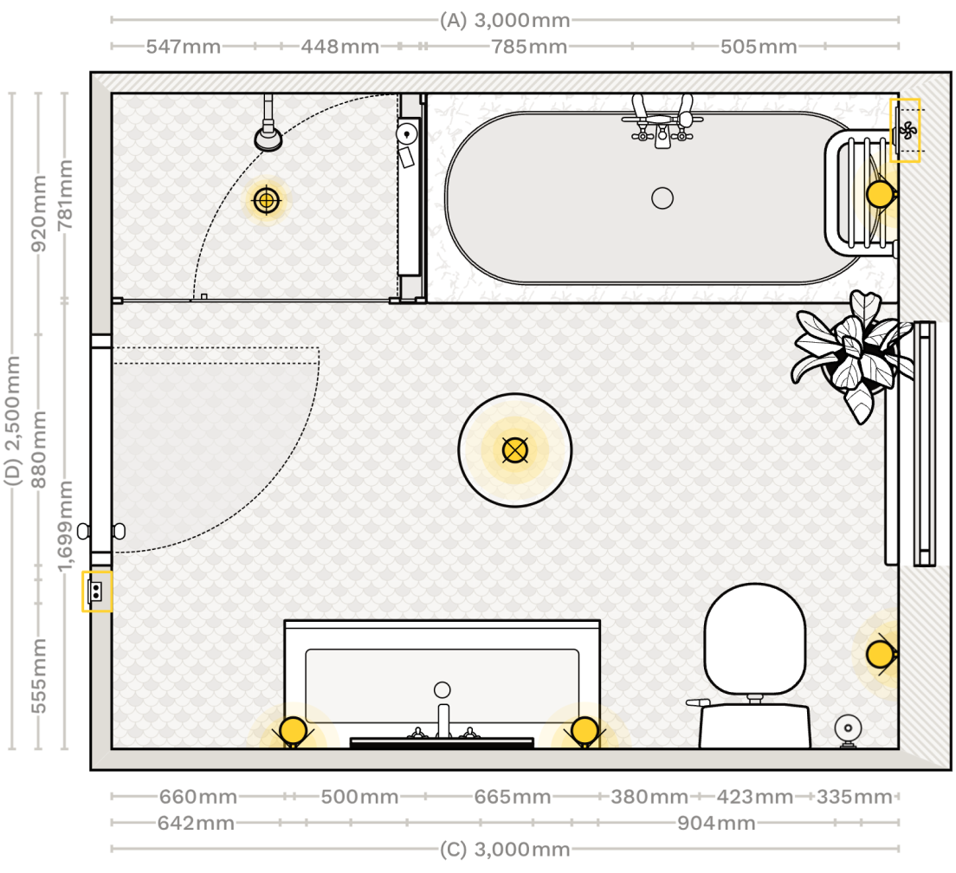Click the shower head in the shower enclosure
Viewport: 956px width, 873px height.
(x=268, y=137)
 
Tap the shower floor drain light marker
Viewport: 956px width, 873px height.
(x=267, y=201)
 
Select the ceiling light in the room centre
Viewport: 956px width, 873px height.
(x=514, y=449)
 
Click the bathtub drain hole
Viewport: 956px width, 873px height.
(x=662, y=198)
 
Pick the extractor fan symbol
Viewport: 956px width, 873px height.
(x=907, y=131)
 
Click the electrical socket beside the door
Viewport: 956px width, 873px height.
(x=97, y=592)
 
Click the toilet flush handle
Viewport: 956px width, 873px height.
(x=697, y=702)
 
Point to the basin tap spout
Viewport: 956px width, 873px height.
(x=443, y=719)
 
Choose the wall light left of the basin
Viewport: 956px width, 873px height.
(x=293, y=731)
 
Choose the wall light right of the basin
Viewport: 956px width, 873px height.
(x=585, y=731)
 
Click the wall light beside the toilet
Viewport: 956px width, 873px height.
(x=880, y=654)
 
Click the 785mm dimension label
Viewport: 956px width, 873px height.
(x=529, y=47)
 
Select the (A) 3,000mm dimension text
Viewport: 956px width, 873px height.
(x=505, y=20)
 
